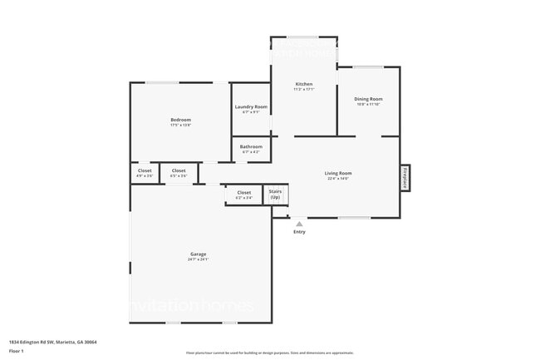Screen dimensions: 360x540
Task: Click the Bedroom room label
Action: (x=180, y=120)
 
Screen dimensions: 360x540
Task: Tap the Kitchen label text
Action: (x=304, y=84)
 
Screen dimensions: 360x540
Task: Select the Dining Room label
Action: (x=368, y=99)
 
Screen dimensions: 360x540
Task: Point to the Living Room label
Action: (x=338, y=173)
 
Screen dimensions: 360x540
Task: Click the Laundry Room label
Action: (x=251, y=106)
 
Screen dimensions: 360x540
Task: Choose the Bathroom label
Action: (x=251, y=146)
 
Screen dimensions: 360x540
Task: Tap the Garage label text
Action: (x=198, y=254)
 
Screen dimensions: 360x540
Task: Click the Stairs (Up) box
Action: (x=275, y=195)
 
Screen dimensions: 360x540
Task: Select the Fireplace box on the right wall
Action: (x=405, y=178)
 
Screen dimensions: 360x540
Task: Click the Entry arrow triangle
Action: (x=299, y=223)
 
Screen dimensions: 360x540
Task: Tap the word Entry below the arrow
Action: (x=299, y=232)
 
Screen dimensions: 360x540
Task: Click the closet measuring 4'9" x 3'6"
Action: (x=144, y=173)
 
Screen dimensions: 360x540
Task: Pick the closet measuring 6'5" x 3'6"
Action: (x=179, y=173)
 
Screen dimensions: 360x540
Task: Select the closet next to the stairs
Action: (x=243, y=195)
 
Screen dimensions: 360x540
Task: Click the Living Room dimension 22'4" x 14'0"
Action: (x=338, y=179)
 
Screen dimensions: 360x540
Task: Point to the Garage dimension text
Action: (x=198, y=259)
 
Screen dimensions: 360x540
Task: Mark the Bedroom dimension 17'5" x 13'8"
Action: (x=180, y=126)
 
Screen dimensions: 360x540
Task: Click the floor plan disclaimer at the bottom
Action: (x=270, y=353)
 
